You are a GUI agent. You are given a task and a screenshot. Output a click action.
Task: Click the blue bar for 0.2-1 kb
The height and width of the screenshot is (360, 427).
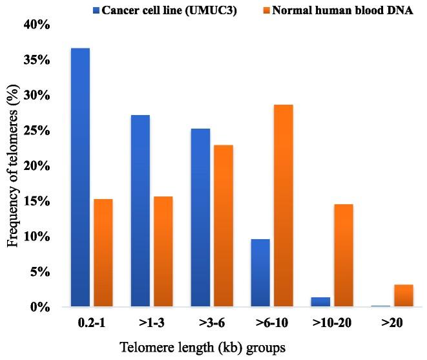(80, 177)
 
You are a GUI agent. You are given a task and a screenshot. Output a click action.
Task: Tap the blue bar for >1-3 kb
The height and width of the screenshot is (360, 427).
(140, 211)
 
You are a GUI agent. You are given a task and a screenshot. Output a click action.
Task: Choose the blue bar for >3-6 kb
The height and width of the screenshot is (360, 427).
(200, 217)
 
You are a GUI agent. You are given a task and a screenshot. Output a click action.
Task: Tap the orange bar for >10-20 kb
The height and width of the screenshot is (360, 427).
(344, 255)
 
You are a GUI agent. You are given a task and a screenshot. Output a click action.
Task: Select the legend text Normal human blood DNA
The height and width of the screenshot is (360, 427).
(342, 9)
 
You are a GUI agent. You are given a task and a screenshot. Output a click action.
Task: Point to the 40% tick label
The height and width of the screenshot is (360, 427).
(37, 25)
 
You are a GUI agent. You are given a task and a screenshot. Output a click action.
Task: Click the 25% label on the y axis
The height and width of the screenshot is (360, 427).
(37, 131)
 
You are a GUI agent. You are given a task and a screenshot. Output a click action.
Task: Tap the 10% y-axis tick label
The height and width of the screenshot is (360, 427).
(37, 237)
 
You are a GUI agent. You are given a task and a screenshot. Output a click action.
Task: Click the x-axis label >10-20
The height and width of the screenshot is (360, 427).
(332, 321)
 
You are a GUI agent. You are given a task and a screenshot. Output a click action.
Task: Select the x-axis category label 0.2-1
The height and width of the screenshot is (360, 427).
(92, 321)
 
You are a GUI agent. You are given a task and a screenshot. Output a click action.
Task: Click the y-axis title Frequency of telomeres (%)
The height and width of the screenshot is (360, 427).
(13, 165)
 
